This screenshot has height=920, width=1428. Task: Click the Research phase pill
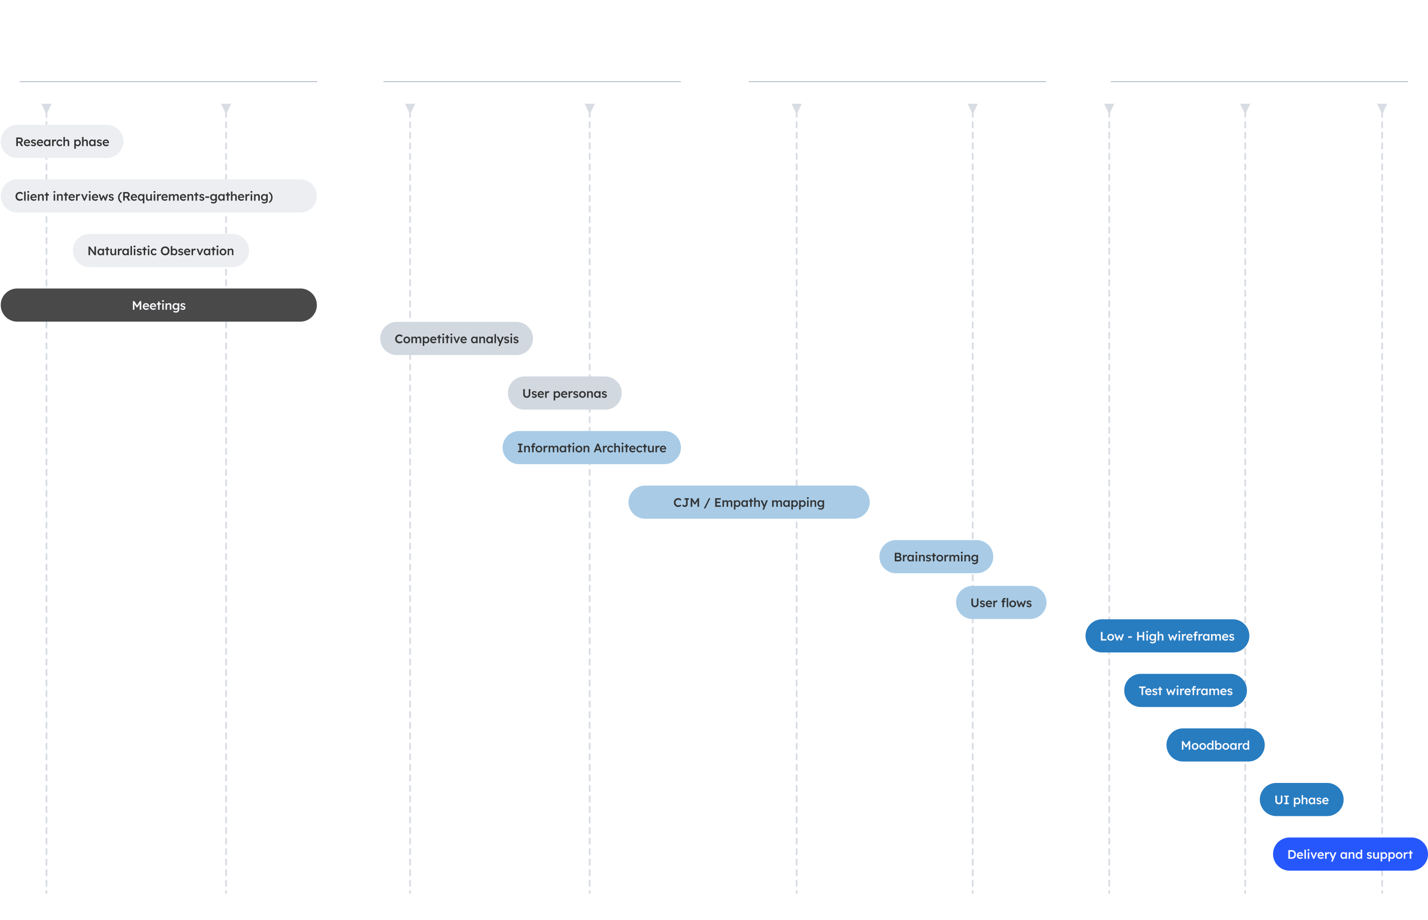point(62,142)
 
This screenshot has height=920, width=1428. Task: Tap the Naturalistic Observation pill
point(161,251)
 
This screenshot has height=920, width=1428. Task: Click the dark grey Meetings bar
point(158,305)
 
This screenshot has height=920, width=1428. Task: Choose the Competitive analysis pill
point(456,339)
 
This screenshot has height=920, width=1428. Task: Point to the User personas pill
point(564,393)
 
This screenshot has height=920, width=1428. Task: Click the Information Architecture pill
point(591,448)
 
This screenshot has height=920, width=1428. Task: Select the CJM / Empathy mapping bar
point(748,502)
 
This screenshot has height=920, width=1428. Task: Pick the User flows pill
point(1001,603)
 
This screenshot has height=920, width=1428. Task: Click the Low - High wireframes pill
point(1167,636)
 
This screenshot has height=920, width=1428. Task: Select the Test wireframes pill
point(1185,690)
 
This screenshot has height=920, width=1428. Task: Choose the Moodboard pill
point(1215,745)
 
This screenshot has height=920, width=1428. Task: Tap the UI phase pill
point(1301,800)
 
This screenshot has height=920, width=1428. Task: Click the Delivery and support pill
point(1349,854)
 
